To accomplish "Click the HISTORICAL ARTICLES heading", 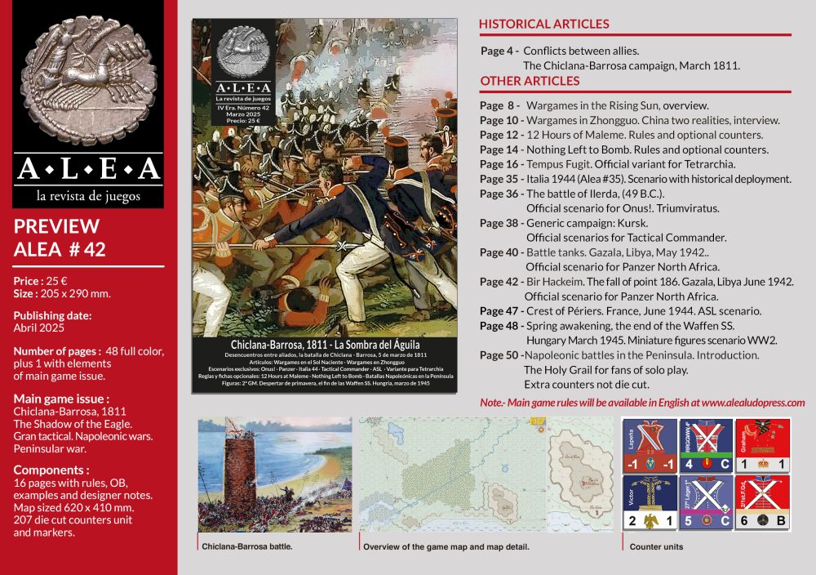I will [x=543, y=24].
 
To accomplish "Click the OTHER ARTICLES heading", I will [x=530, y=81].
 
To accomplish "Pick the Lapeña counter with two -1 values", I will [x=648, y=446].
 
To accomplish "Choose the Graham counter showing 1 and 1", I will [x=762, y=446].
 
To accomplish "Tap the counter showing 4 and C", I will [x=705, y=446].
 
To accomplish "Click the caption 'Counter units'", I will [x=656, y=546].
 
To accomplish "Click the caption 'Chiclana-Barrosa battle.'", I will [x=246, y=546].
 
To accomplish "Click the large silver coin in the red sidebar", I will [x=89, y=78].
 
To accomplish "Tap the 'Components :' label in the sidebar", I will [x=51, y=471].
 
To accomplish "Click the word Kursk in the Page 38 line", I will [x=633, y=223].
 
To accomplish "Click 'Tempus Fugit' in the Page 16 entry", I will [x=557, y=164].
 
